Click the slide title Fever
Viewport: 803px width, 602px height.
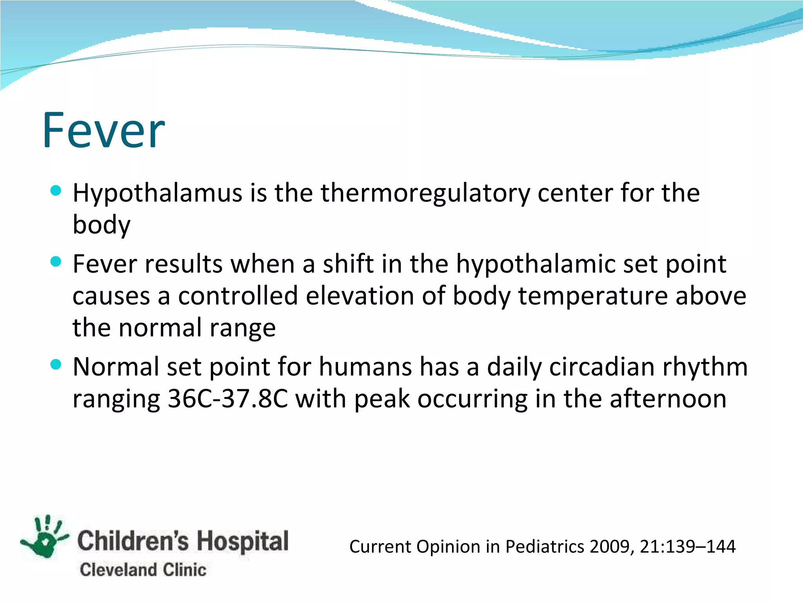coord(104,130)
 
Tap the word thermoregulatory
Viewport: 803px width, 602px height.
coord(425,193)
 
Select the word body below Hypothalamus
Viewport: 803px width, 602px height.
coord(101,225)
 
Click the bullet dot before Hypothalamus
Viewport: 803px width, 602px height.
coord(56,191)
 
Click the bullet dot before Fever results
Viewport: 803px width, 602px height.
coord(56,262)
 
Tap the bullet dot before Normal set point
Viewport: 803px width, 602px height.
coord(56,364)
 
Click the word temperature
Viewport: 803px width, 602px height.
coord(593,296)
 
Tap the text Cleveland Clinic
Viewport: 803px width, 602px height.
coord(143,570)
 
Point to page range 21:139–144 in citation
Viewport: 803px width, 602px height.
coord(688,547)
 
